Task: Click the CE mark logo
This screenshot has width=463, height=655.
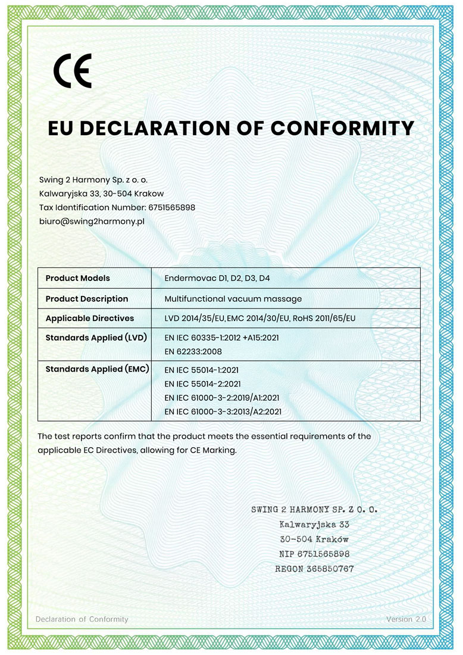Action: pos(72,71)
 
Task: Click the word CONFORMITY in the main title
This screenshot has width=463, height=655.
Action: pos(342,128)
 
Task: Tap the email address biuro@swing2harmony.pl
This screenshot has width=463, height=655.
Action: pos(92,221)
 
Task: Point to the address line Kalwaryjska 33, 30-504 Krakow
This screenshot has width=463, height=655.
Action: pos(101,193)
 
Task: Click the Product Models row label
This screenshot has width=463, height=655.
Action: pos(77,278)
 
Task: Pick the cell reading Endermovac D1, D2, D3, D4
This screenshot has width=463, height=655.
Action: pos(221,278)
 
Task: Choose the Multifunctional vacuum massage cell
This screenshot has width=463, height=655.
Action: pos(233,298)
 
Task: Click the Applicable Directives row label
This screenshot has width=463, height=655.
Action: pos(89,318)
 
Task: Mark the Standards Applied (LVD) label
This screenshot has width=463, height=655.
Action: pos(96,338)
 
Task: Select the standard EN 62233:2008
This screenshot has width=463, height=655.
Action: pos(193,352)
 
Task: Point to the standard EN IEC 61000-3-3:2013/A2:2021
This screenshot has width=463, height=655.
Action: pos(223,411)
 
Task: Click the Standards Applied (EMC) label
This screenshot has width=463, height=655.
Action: pos(97,369)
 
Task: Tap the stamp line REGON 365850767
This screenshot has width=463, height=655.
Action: pos(314,569)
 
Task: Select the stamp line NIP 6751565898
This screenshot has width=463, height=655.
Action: pos(314,554)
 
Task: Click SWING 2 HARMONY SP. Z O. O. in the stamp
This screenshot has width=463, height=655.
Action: pos(314,510)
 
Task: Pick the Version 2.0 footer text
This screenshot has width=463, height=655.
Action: pos(406,619)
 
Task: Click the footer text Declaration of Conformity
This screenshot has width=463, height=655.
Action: pos(82,619)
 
